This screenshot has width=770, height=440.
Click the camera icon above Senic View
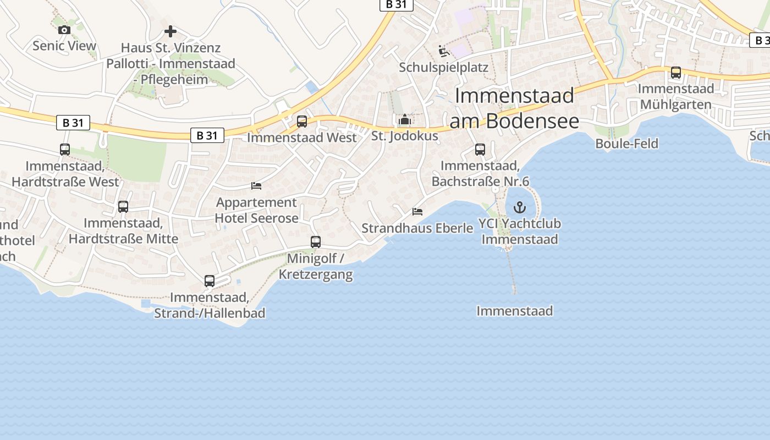pos(64,30)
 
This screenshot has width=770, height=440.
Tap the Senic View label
pos(64,46)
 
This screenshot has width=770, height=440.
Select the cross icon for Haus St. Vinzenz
pos(170,31)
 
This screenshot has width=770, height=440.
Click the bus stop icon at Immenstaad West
pos(302,122)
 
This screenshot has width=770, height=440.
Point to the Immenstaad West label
pos(302,137)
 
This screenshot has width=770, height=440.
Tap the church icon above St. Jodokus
pos(405,119)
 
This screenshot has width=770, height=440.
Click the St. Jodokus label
pos(405,136)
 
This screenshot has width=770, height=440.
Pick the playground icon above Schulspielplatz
pos(444,52)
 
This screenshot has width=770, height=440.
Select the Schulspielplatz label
pos(444,68)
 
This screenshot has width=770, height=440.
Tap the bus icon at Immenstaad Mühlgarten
pos(676,73)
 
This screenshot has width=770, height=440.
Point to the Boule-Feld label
pos(627,144)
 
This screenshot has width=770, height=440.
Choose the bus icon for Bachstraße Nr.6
pos(480,150)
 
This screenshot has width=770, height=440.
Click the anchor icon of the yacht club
pos(519,207)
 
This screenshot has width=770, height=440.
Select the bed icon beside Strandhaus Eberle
pos(418,211)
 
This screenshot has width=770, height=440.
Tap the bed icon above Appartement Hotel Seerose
pos(256,186)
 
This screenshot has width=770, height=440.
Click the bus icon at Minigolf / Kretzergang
pos(316,242)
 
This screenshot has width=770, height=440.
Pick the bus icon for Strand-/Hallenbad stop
pos(210,281)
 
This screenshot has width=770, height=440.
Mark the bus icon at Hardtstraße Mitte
pos(123,207)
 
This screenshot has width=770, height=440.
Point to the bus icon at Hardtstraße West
pos(65,150)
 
